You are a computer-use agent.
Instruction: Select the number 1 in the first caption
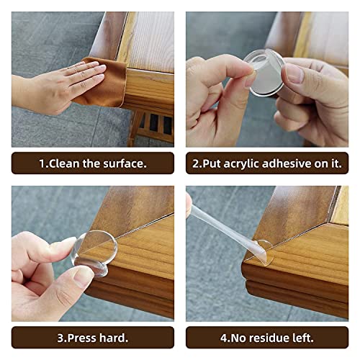click(42, 163)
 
